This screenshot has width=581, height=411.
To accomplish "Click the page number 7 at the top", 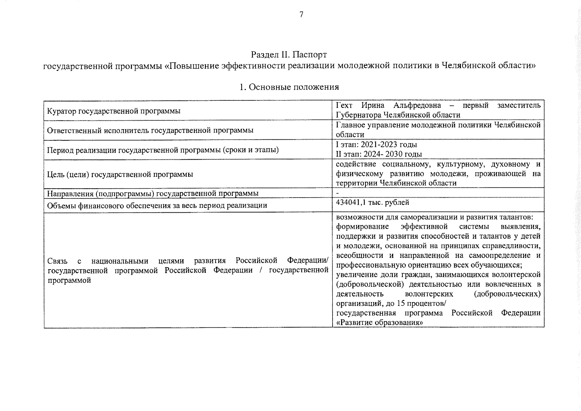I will coord(301,14).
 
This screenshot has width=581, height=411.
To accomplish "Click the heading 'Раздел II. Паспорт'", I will coord(289,55).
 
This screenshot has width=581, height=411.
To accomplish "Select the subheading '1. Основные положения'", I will coord(289,87).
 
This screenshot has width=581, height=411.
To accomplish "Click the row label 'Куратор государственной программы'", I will coord(114,111).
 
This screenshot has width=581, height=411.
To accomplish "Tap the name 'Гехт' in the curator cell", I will coord(344,105).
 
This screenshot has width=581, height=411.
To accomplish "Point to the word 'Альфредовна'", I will coord(417,105).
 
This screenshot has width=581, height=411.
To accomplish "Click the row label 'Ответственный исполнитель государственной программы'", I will coord(150,130).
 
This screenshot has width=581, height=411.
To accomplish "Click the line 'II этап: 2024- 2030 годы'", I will coord(379,154).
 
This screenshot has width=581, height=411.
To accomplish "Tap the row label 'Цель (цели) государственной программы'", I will coord(120,174).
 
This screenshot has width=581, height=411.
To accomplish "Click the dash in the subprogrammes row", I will coord(337,194).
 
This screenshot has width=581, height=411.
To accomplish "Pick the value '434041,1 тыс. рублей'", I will coord(372,202).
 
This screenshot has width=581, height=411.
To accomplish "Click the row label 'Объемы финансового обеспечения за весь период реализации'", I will coord(157,206).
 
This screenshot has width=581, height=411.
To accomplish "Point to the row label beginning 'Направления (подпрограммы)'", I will coord(153,194).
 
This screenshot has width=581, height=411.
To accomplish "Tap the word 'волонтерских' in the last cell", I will coord(429,294).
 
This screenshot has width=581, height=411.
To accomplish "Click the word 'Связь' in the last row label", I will coord(58,261).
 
